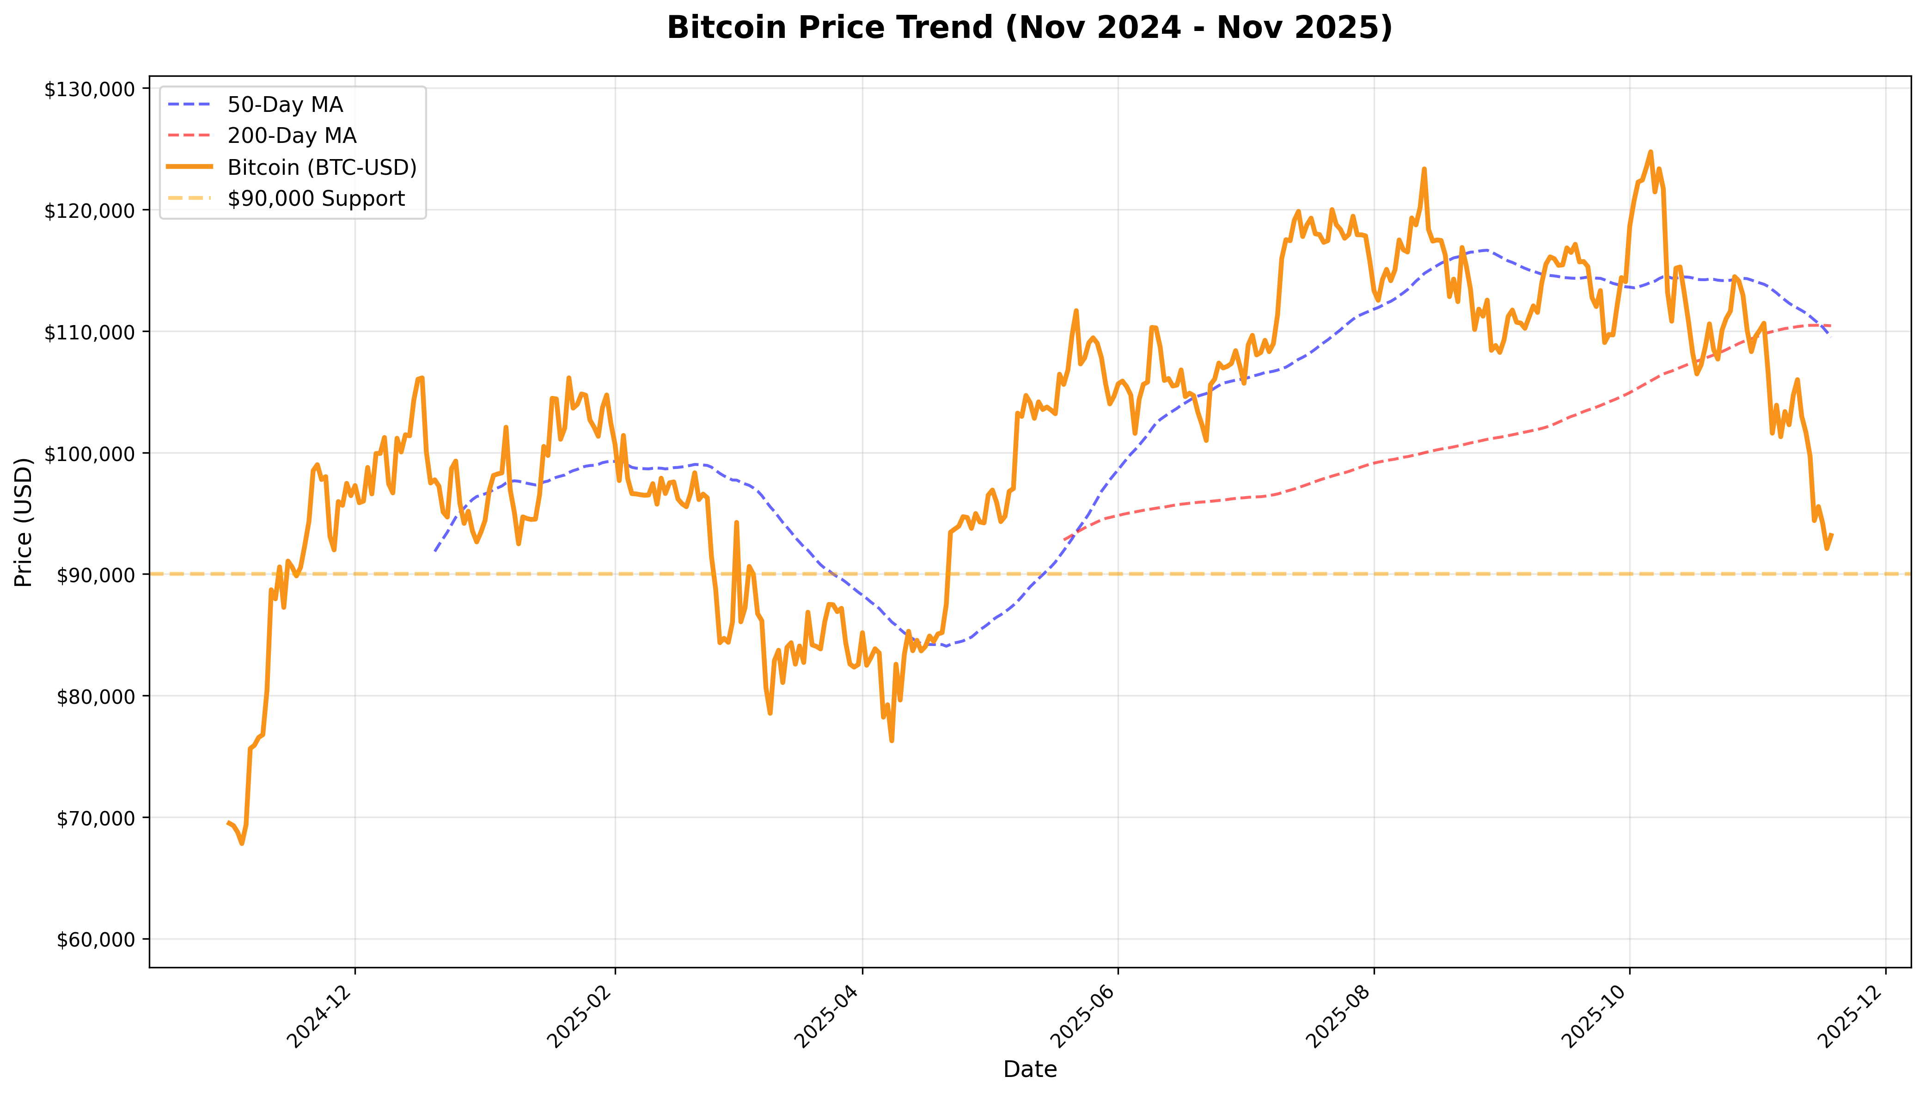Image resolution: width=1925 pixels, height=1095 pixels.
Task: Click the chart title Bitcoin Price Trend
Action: pyautogui.click(x=1029, y=28)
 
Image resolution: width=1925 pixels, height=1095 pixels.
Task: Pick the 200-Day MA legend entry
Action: pyautogui.click(x=292, y=136)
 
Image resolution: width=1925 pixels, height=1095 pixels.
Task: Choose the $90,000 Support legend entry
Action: pyautogui.click(x=316, y=198)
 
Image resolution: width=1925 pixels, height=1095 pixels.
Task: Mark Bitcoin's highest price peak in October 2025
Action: pyautogui.click(x=1650, y=152)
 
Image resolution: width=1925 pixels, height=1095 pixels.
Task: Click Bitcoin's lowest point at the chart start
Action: pyautogui.click(x=241, y=843)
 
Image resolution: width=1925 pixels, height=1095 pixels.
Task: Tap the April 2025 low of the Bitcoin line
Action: pyautogui.click(x=892, y=741)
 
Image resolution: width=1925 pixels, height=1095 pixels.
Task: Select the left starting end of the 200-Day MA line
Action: pyautogui.click(x=1064, y=539)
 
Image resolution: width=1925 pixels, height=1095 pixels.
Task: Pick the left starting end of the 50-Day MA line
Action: pyautogui.click(x=434, y=551)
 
